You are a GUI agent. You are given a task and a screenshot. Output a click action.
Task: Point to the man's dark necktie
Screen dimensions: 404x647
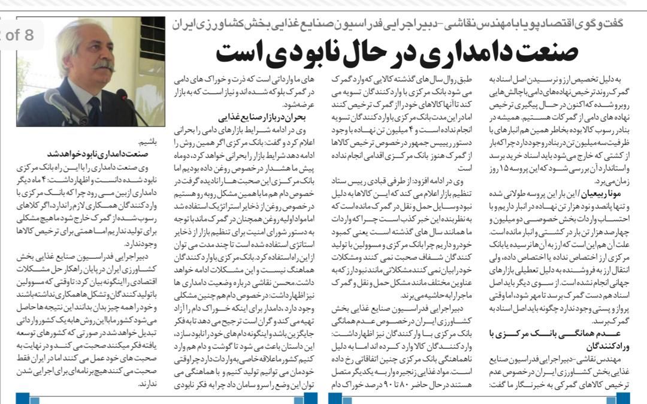(94, 111)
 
